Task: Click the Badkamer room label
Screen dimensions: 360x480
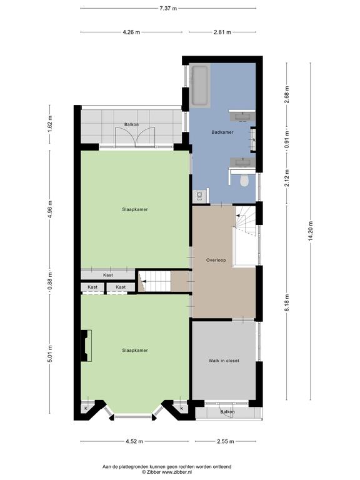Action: click(222, 132)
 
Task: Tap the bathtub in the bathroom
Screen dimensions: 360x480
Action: click(200, 86)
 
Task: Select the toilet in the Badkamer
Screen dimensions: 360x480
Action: click(244, 180)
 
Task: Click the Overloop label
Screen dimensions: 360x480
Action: click(216, 260)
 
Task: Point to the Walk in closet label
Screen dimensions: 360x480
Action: click(224, 361)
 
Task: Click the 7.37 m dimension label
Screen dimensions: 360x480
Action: click(168, 9)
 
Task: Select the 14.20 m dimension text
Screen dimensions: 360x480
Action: click(311, 231)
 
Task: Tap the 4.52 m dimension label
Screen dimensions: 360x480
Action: click(134, 441)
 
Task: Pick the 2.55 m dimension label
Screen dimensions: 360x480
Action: click(225, 441)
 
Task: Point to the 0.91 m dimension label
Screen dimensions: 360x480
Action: click(287, 139)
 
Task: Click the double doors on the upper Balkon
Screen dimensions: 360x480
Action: click(135, 137)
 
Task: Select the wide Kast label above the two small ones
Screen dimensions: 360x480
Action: click(108, 275)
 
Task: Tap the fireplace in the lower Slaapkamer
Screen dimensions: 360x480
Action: click(86, 346)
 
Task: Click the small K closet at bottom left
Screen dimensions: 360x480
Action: click(86, 408)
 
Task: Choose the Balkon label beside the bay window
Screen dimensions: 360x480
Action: click(227, 412)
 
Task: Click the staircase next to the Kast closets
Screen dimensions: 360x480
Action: click(154, 281)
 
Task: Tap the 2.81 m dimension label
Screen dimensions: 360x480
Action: click(222, 32)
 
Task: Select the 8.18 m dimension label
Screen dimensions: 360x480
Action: click(287, 302)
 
